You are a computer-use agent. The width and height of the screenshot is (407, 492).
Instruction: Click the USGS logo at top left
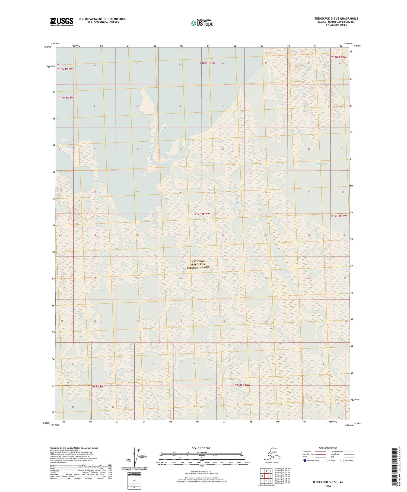(x=62, y=22)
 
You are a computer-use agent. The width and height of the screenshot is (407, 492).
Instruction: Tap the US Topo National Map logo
(x=202, y=23)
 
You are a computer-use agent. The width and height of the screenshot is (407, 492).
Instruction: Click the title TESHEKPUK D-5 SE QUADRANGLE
(x=336, y=18)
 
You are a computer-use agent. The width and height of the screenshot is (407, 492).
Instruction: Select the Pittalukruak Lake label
(x=321, y=164)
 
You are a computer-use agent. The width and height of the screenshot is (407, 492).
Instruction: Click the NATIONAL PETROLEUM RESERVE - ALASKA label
(x=198, y=264)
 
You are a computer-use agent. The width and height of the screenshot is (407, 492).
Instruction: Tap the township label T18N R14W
(x=207, y=63)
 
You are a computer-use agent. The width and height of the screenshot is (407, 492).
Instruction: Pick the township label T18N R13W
(x=339, y=57)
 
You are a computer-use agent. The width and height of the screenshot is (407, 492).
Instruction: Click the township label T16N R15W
(x=96, y=386)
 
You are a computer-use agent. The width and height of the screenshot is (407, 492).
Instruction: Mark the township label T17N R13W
(x=339, y=216)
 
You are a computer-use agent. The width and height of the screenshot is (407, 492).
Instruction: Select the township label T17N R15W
(x=66, y=97)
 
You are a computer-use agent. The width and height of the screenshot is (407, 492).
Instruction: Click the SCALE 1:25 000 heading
(x=201, y=448)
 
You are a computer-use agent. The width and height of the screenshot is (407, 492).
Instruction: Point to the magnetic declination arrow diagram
(x=135, y=456)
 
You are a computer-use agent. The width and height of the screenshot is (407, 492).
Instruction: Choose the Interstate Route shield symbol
(x=305, y=460)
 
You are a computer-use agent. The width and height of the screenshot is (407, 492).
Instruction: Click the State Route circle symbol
(x=342, y=460)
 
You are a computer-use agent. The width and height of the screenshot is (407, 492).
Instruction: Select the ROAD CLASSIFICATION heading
(x=328, y=448)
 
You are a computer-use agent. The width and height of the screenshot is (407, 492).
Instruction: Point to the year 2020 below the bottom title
(x=328, y=486)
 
